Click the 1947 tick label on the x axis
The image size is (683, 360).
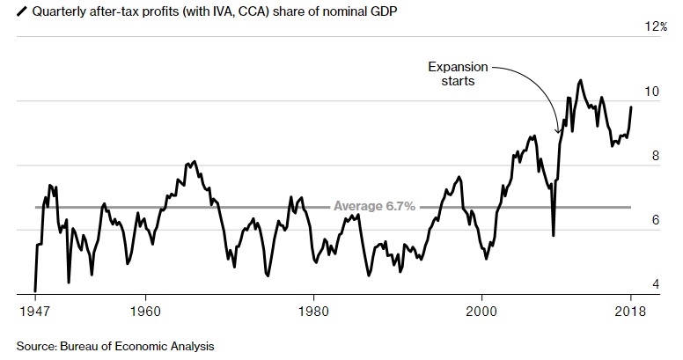pyautogui.click(x=34, y=312)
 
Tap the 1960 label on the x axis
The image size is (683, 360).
pyautogui.click(x=144, y=312)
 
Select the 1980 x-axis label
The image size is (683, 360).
pyautogui.click(x=313, y=312)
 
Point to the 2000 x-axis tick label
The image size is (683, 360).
pyautogui.click(x=481, y=312)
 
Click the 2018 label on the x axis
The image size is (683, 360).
pyautogui.click(x=630, y=312)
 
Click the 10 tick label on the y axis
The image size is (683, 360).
pyautogui.click(x=653, y=92)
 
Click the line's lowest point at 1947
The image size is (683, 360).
pyautogui.click(x=34, y=290)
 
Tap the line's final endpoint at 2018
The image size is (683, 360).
pyautogui.click(x=630, y=107)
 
